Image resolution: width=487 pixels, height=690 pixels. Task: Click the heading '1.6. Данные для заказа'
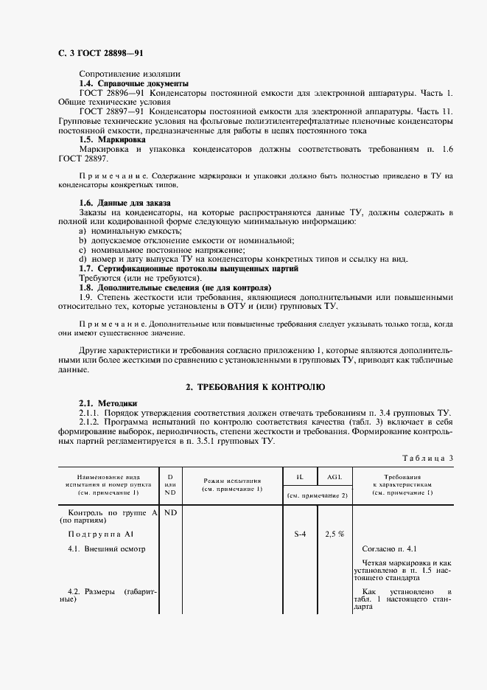[125, 202]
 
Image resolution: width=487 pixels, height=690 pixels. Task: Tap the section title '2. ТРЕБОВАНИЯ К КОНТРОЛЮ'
[254, 386]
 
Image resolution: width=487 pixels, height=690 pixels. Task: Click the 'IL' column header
[300, 478]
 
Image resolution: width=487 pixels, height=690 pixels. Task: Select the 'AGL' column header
[334, 478]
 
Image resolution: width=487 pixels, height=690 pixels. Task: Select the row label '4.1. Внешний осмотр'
[107, 548]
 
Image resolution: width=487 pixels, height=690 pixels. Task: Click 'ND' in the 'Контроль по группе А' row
[170, 512]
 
